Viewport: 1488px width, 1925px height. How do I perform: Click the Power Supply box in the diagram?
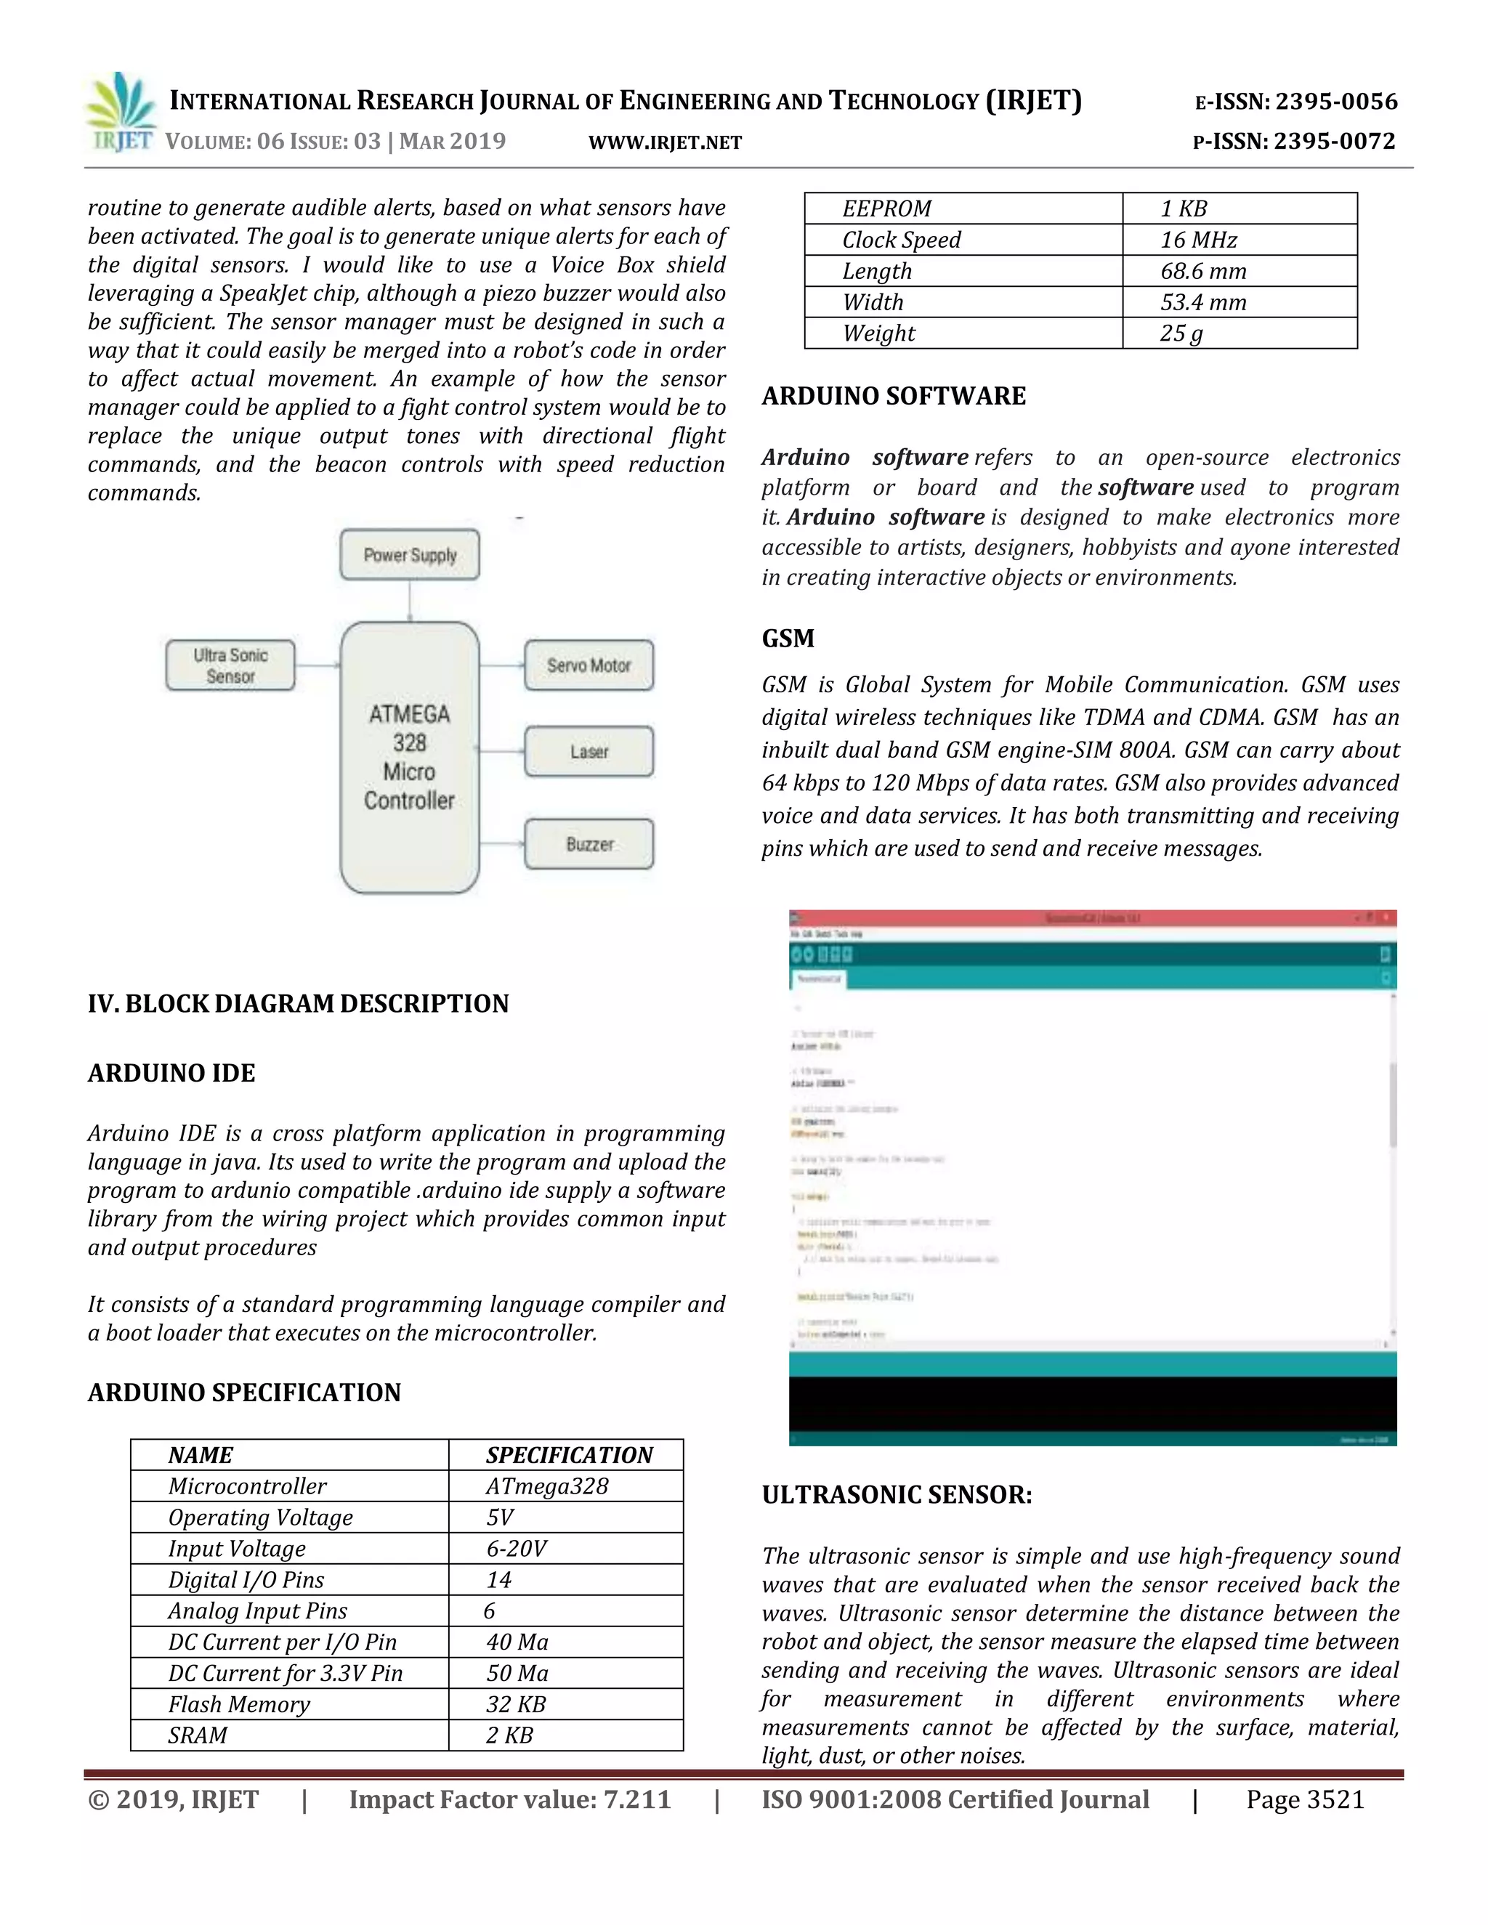(x=410, y=554)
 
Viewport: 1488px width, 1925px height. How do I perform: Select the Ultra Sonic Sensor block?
(x=230, y=665)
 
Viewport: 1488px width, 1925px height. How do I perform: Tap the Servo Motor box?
(x=589, y=665)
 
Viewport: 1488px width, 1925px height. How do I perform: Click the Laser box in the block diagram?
(x=589, y=752)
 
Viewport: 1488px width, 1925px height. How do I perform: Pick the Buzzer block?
(x=589, y=844)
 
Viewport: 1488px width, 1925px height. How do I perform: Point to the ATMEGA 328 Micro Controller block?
(x=410, y=758)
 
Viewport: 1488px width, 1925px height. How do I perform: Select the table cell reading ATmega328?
(x=547, y=1487)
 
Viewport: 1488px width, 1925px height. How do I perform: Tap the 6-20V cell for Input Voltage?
(x=517, y=1549)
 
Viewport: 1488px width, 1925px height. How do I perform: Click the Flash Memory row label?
(x=239, y=1705)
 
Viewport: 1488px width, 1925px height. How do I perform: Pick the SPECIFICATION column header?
(x=570, y=1455)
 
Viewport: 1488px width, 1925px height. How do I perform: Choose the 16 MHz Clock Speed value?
(x=1199, y=240)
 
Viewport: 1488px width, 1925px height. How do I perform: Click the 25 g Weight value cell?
(x=1181, y=333)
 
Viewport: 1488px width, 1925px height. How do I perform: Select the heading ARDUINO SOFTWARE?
(x=894, y=396)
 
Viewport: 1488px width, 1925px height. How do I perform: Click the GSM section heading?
(x=788, y=638)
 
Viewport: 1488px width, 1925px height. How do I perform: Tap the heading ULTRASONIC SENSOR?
(x=897, y=1495)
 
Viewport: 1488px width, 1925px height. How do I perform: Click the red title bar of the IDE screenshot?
(x=1092, y=918)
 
